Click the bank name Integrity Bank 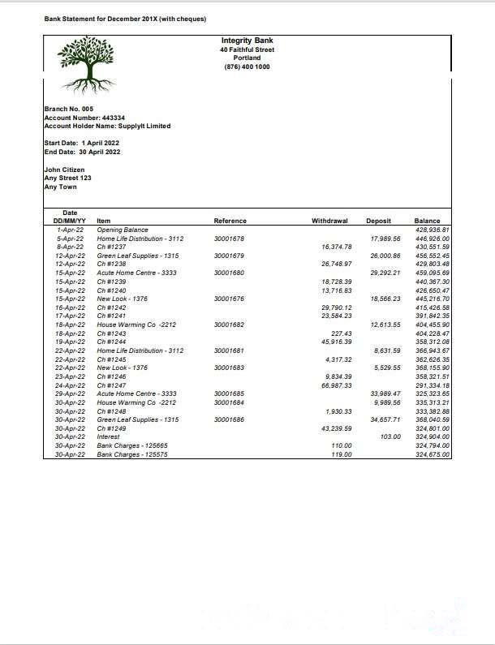[x=247, y=41]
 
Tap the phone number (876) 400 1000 [x=247, y=67]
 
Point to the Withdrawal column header [x=329, y=221]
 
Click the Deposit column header [x=378, y=221]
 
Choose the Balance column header [x=427, y=221]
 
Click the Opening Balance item [x=123, y=230]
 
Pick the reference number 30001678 [x=229, y=239]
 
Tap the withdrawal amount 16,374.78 [x=337, y=247]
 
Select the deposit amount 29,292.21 [x=385, y=273]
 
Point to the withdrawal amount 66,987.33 [x=337, y=385]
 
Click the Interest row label [x=108, y=436]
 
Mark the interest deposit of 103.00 [x=390, y=436]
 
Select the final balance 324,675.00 [x=432, y=454]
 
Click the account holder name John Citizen [x=64, y=170]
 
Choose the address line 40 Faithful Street [x=247, y=49]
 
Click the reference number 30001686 [x=229, y=419]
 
